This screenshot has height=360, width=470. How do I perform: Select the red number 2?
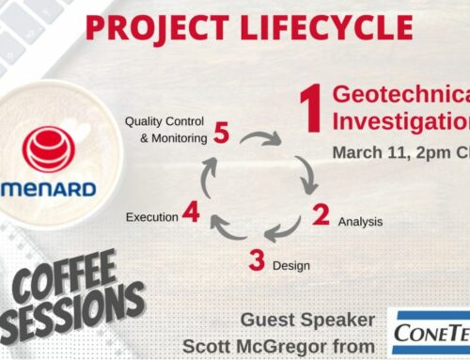tap(321, 215)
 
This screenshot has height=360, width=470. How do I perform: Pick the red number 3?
tap(256, 260)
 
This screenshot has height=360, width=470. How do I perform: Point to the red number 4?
tap(191, 215)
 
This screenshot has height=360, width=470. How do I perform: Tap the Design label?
tap(290, 266)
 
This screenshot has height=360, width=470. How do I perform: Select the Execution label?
tap(150, 217)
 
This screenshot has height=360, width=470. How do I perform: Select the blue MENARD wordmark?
tap(52, 188)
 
